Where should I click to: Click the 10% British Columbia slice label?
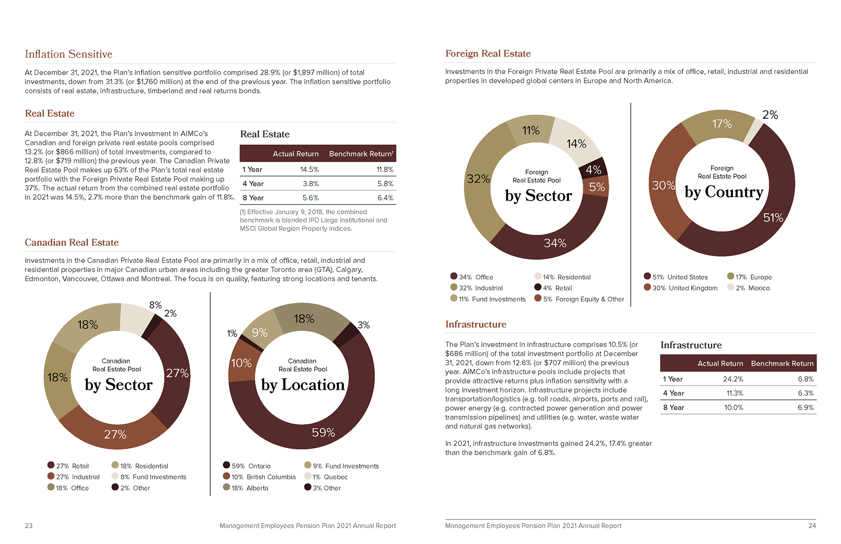241,363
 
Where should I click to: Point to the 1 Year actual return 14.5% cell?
309,170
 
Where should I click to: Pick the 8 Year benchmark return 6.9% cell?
806,407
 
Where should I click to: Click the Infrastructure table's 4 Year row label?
673,393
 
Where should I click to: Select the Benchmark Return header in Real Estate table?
361,154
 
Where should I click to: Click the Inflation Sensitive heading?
69,54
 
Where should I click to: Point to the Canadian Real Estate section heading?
72,243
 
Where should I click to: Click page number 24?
812,526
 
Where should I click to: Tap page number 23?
28,526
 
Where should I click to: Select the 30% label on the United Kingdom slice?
663,186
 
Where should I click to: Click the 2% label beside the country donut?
770,115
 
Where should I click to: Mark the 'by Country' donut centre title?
724,192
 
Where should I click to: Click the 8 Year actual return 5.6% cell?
311,198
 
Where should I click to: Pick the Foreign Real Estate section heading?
488,54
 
